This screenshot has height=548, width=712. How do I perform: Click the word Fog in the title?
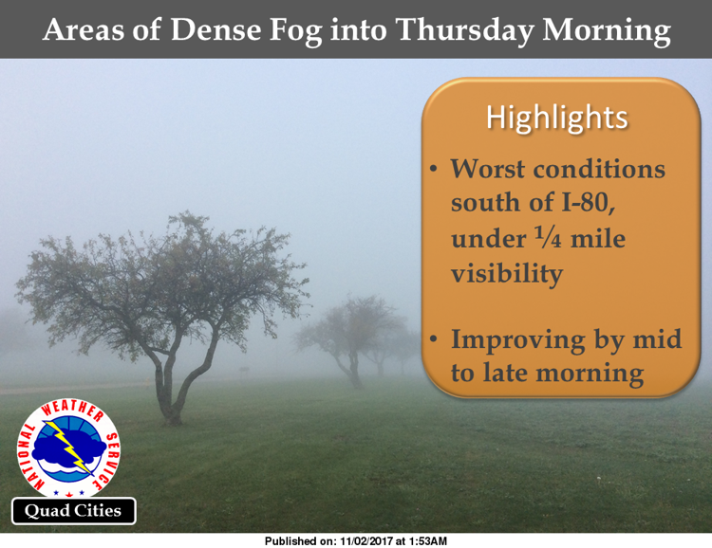point(295,31)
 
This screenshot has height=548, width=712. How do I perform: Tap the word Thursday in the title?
point(465,31)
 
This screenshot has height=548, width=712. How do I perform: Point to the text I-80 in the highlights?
point(589,202)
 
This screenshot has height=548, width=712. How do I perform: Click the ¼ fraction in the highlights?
point(549,238)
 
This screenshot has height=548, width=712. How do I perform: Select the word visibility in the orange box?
point(507,274)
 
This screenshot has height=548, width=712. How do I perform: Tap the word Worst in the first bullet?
point(487,169)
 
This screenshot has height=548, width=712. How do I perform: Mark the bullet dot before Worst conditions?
point(434,170)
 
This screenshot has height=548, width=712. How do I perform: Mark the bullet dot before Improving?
point(434,339)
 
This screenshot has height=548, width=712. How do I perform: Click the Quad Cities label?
point(73,511)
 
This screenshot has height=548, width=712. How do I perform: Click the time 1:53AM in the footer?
point(428,541)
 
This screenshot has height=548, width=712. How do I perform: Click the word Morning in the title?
point(607,31)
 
